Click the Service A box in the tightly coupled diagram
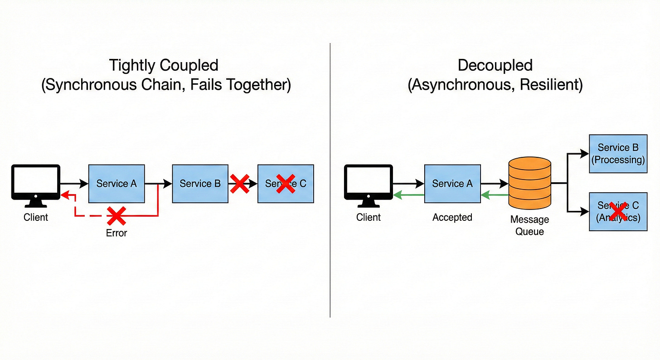(116, 184)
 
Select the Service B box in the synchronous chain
(200, 184)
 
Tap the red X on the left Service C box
(286, 184)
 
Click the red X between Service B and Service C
(240, 184)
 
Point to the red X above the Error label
(116, 216)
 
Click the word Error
(116, 233)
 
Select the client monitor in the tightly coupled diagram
(36, 182)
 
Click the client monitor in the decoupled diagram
(369, 182)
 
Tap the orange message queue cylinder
(530, 183)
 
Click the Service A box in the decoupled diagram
(452, 184)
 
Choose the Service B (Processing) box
(618, 154)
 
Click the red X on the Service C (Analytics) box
(618, 211)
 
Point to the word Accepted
(452, 217)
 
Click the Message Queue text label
(529, 225)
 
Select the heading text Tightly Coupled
(164, 65)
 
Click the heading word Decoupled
(495, 65)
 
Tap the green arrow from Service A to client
(408, 195)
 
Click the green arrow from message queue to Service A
(494, 195)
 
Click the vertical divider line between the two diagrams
(330, 181)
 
